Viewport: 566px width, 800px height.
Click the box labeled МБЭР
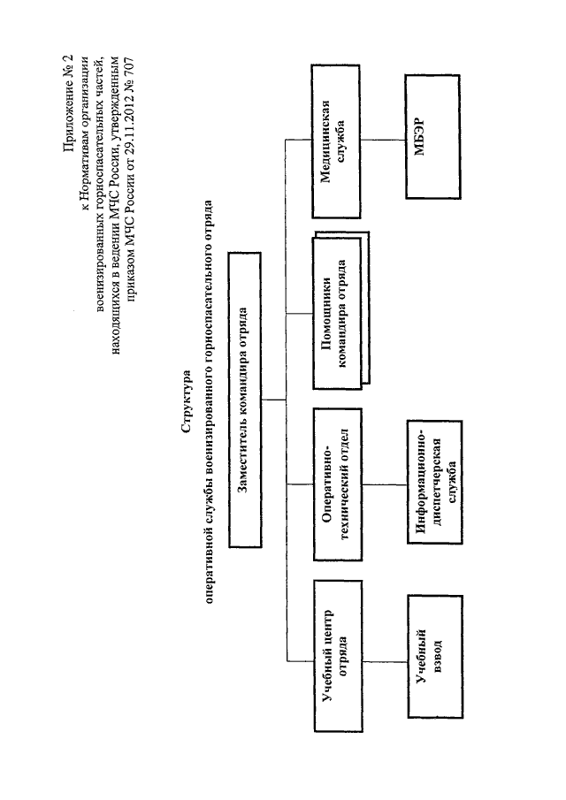(432, 137)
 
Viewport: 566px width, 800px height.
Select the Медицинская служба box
(336, 141)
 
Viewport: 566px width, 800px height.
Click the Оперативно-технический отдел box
(338, 484)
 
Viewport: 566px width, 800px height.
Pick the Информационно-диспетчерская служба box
(435, 482)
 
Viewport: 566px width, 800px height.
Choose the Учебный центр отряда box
(338, 656)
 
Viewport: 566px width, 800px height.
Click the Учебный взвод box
(435, 657)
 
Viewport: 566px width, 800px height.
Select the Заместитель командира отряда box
(245, 400)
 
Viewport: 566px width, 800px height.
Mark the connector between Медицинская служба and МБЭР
(383, 140)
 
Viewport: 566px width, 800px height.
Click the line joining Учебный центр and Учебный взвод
(386, 662)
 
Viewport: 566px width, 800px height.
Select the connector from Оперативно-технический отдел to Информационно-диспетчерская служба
(385, 484)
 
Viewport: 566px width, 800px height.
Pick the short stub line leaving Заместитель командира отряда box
(274, 400)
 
